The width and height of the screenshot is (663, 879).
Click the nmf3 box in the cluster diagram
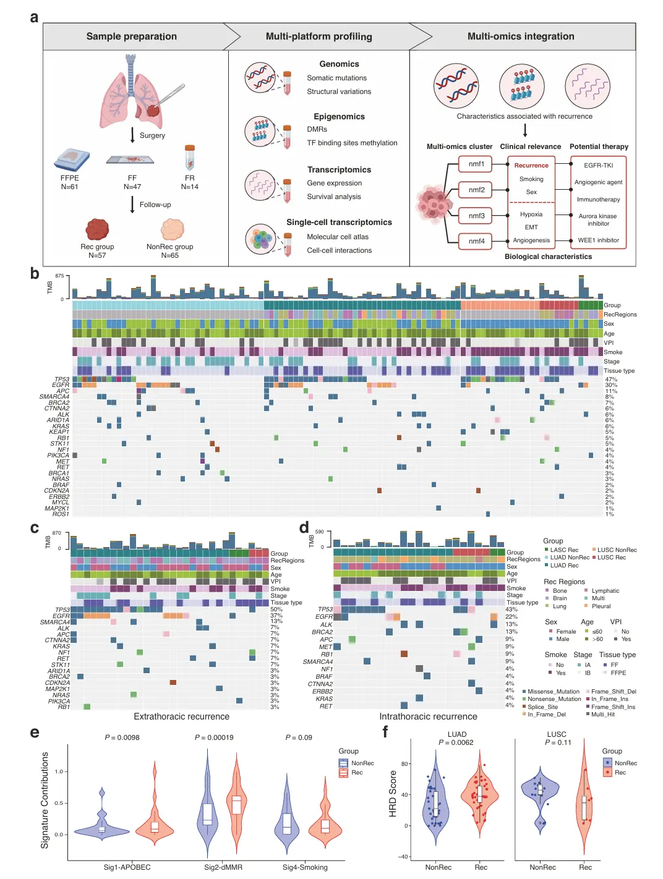point(476,216)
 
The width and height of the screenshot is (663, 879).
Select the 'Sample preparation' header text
point(131,36)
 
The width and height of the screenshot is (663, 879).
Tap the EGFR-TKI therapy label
point(598,165)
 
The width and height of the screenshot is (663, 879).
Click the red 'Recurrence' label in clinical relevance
point(531,166)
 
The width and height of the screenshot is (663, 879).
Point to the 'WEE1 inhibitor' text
point(598,240)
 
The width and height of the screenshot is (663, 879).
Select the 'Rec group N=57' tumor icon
point(97,230)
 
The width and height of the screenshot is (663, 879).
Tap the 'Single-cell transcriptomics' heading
point(339,223)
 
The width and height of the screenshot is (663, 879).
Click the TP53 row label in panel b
point(62,379)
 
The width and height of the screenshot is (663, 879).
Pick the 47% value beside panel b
point(610,380)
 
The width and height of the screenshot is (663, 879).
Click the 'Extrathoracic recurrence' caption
point(181,716)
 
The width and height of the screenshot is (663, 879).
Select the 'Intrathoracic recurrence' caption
point(428,716)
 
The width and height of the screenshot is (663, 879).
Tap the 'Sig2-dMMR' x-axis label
point(223,867)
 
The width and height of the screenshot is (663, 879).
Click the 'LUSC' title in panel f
point(557,734)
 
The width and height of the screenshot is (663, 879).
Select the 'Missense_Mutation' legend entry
point(553,692)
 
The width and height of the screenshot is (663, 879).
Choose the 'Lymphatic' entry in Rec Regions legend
point(605,591)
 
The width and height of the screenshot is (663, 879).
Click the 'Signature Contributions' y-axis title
point(45,800)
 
